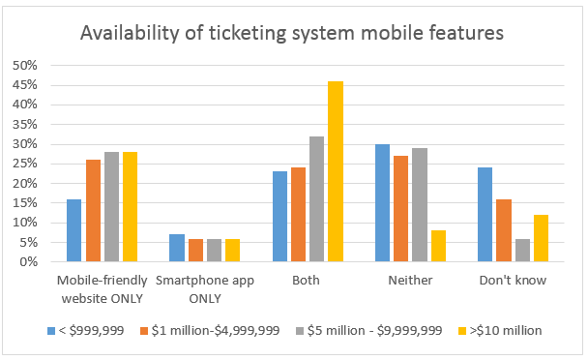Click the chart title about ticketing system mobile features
coord(292,33)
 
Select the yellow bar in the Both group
coord(336,171)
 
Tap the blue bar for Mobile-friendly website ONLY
coord(73,230)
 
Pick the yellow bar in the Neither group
coord(438,246)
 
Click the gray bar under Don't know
coord(523,250)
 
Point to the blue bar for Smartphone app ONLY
coord(177,248)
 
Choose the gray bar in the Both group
coord(317,199)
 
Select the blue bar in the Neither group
coord(383,202)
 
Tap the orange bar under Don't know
coord(504,230)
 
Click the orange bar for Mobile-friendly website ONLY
coord(94,211)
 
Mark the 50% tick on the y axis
coord(25,65)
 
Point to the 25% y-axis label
coord(25,164)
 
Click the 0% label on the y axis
coord(28,261)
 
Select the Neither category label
coord(410,280)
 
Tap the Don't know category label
coord(513,280)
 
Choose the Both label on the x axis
coord(306,280)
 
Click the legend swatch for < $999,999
coord(51,331)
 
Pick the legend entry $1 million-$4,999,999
coord(210,330)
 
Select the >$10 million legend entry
coord(500,330)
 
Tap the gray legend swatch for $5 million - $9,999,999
coord(300,331)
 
